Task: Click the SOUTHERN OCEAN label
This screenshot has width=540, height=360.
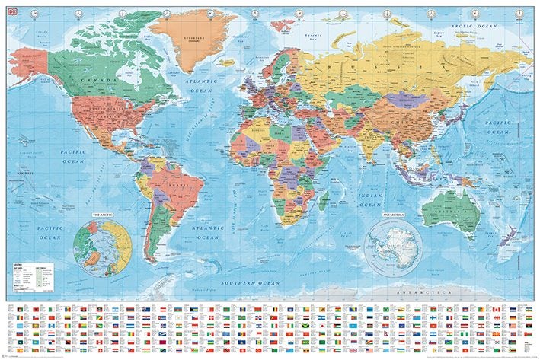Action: pos(251,282)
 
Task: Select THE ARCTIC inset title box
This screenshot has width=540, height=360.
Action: pos(105,215)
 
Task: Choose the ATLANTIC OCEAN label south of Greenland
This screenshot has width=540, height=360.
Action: pos(203,85)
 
